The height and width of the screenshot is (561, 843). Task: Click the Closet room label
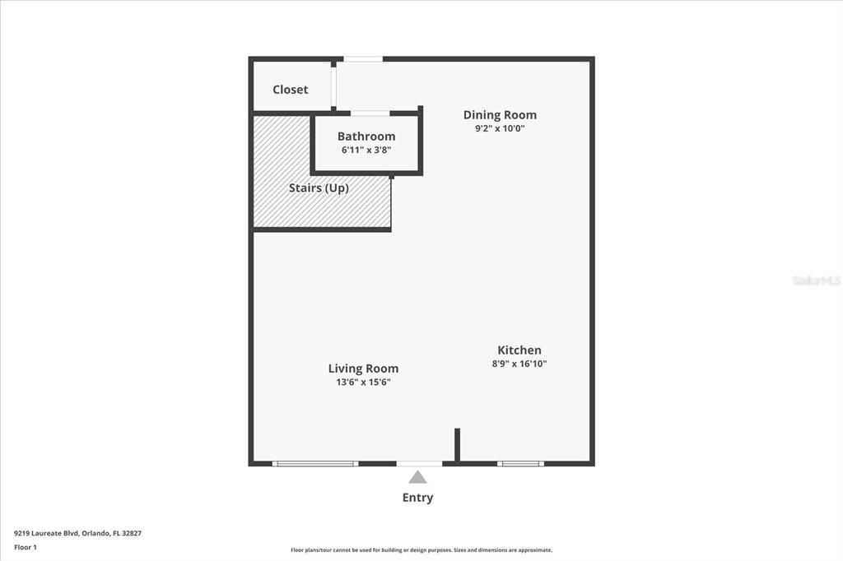(291, 90)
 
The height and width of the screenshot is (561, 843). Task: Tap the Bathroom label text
(366, 137)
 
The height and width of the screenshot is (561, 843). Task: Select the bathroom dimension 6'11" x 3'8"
(366, 150)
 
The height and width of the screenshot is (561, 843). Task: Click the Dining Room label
(500, 115)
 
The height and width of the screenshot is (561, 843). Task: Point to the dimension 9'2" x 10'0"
(500, 128)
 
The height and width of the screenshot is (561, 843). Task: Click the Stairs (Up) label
(319, 188)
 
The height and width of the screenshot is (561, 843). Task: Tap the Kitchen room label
(519, 350)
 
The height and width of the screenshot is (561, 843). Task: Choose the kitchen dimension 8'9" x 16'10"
(519, 364)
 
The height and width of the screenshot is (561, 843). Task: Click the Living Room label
(363, 369)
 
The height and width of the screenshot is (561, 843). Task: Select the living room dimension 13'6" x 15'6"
(363, 382)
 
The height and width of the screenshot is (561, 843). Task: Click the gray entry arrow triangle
(417, 477)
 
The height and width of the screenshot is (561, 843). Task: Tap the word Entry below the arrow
(417, 498)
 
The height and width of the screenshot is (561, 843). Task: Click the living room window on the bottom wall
(315, 464)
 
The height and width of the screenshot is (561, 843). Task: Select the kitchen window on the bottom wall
(520, 464)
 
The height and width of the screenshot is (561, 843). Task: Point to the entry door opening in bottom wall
(419, 464)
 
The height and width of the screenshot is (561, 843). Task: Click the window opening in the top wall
(363, 59)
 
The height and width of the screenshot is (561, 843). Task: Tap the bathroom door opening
(370, 114)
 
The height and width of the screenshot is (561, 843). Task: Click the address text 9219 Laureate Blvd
(47, 534)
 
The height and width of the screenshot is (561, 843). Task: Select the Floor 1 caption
(26, 548)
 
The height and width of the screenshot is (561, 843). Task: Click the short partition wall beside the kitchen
(458, 445)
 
